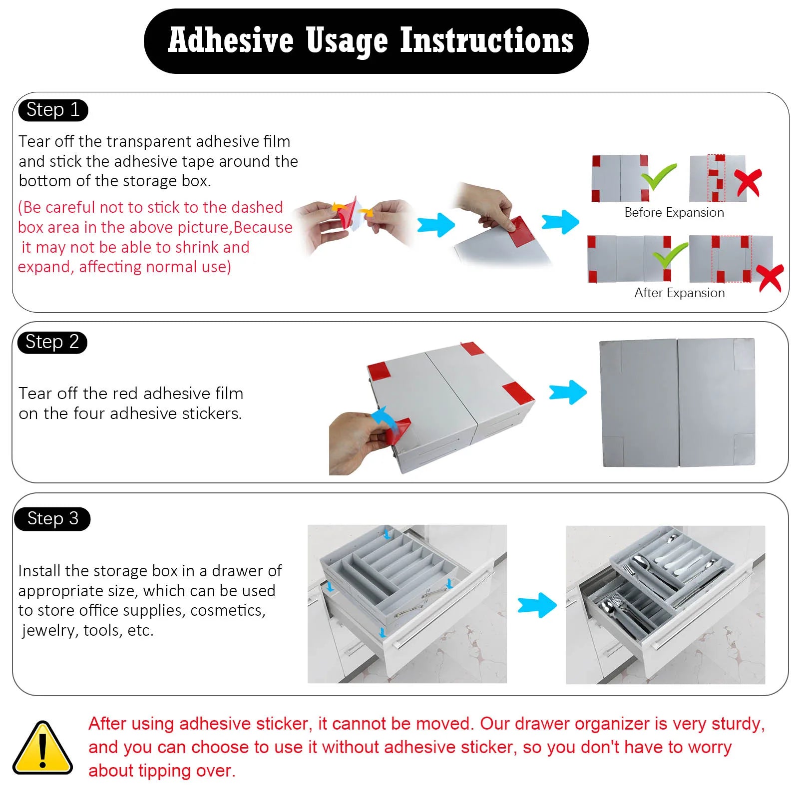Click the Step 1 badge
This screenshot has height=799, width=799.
coord(53,110)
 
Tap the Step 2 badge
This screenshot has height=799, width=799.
coord(52,343)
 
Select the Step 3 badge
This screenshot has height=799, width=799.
coord(52,519)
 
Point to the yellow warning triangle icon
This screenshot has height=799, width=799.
coord(42,748)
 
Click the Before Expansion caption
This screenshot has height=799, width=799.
coord(674,213)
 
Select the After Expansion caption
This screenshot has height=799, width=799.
coord(680,293)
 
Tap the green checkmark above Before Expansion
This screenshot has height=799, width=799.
coord(659,177)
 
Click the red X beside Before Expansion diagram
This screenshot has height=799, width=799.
coord(748,182)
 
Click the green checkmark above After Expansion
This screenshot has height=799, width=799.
coord(670,255)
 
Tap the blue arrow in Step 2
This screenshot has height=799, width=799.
coord(568,393)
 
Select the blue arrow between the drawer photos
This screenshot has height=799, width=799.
coord(537,605)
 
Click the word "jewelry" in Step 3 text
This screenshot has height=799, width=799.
coord(50,631)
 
